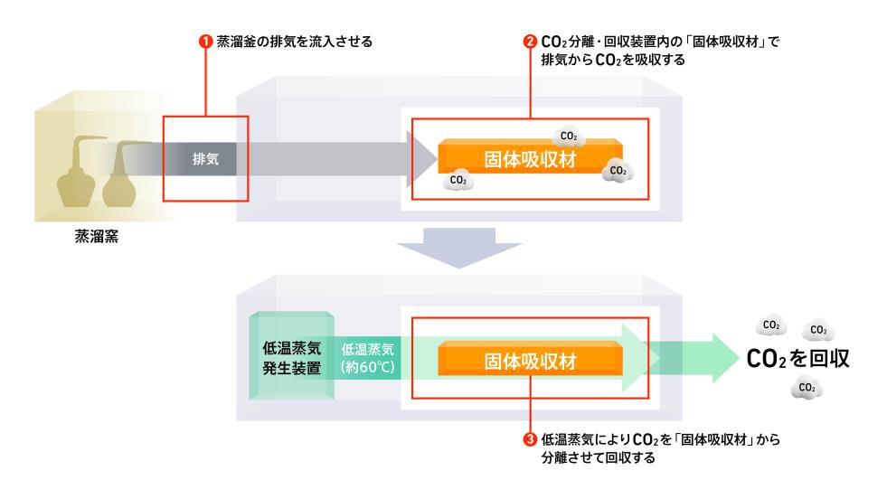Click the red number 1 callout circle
tap(205, 42)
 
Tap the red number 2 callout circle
tap(530, 42)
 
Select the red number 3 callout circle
tap(530, 439)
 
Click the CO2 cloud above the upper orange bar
tap(569, 136)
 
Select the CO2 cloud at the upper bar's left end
tap(458, 181)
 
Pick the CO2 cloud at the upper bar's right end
tap(618, 170)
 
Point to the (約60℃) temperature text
tap(369, 368)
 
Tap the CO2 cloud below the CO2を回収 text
tap(806, 389)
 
